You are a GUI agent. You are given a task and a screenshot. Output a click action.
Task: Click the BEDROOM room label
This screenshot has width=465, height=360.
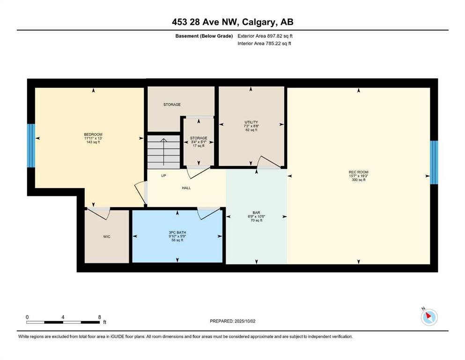[93, 135]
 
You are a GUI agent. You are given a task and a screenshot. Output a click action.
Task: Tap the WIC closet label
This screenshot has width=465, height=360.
[107, 237]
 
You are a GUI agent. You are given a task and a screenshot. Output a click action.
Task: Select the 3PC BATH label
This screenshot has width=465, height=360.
[177, 232]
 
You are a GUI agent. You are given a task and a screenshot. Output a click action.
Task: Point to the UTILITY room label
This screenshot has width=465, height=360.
[251, 122]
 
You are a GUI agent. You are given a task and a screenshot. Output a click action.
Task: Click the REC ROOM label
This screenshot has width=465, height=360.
[359, 172]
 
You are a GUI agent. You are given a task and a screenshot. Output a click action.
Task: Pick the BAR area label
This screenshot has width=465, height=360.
[257, 212]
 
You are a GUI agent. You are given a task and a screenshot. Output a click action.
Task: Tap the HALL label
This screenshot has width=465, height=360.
[186, 188]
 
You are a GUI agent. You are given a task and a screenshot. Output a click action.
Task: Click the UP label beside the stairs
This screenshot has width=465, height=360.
[163, 176]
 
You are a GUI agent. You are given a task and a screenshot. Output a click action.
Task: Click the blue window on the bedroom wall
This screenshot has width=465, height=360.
[31, 145]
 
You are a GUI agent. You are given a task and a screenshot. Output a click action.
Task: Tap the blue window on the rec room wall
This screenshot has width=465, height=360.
[434, 162]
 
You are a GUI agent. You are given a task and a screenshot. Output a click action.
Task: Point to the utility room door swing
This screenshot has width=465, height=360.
[268, 162]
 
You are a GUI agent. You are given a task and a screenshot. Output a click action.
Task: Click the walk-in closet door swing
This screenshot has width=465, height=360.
[99, 213]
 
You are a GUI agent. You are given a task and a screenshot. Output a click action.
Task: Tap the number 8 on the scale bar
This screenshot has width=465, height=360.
[99, 317]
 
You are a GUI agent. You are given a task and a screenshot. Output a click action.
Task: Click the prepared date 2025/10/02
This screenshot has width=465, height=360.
[245, 321]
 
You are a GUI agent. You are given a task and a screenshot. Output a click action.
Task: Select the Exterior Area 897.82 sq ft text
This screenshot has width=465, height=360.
[265, 36]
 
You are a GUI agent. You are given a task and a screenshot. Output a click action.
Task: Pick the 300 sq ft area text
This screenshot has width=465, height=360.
[359, 180]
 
